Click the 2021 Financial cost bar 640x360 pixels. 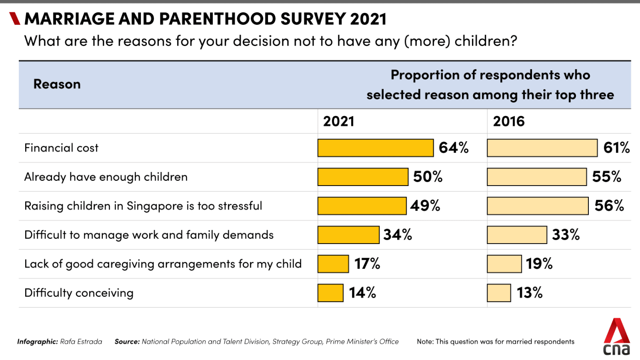[x=375, y=148]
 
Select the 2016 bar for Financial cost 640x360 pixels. [x=542, y=148]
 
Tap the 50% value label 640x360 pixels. [x=428, y=177]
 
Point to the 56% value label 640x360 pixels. [x=609, y=206]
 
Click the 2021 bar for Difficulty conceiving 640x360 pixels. [x=330, y=293]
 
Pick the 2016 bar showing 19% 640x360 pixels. [x=504, y=264]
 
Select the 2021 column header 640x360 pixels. [x=338, y=122]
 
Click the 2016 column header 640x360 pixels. [x=509, y=122]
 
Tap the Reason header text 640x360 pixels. [x=57, y=84]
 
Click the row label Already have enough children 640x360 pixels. [x=106, y=177]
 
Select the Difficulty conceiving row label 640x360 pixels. [x=79, y=293]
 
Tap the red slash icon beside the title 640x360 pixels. [x=15, y=19]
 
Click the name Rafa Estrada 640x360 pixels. [x=81, y=342]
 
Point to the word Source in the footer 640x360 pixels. [x=127, y=342]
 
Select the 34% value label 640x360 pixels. [x=397, y=235]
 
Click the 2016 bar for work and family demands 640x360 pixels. [x=517, y=235]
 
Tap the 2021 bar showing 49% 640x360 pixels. [x=362, y=206]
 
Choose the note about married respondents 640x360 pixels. [x=495, y=342]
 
